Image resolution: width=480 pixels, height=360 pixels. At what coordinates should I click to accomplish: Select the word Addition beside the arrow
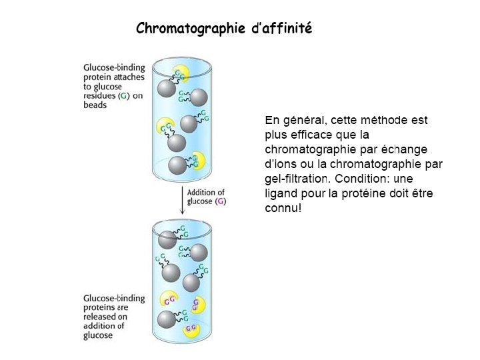point(207,192)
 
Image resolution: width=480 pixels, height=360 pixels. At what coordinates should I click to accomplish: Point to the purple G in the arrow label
point(221,201)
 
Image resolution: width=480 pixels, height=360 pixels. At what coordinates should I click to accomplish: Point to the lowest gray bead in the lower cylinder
point(167,318)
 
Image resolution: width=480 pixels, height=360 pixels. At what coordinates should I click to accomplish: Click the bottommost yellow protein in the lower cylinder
point(192,328)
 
